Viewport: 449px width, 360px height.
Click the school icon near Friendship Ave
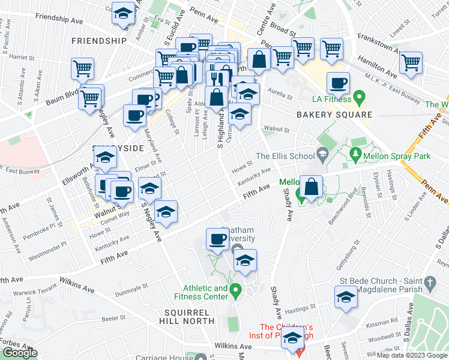[123, 15]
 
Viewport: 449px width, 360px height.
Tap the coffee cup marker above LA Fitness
[339, 83]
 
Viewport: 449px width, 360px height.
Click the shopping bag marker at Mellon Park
[312, 187]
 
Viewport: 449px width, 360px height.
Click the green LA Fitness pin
[360, 96]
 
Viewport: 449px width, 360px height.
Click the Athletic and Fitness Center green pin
[236, 292]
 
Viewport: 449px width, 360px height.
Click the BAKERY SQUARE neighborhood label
[333, 115]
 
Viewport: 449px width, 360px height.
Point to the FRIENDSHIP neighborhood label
[98, 41]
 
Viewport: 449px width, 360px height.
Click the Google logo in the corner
[20, 353]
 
